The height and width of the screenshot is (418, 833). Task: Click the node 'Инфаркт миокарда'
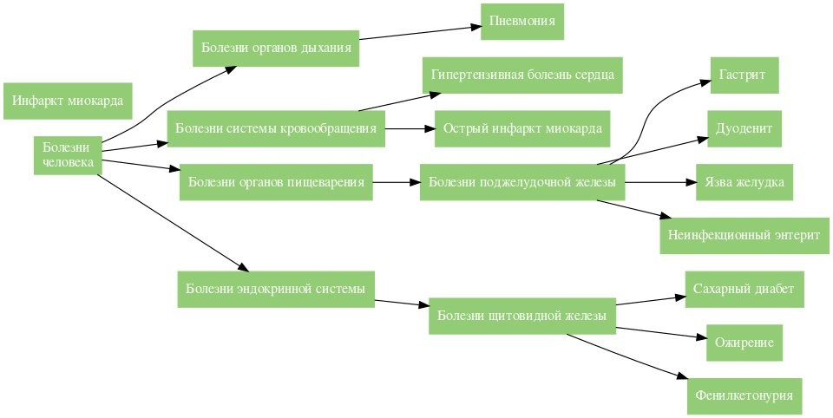point(68,101)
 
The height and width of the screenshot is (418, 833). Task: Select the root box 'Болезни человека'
point(68,155)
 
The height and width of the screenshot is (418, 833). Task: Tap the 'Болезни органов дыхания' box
point(276,48)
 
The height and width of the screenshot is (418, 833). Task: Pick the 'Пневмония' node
point(522,22)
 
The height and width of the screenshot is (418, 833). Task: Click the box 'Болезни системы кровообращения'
point(276,129)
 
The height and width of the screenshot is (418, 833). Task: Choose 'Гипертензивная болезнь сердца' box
point(522,75)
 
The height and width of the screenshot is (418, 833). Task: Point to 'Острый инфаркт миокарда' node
point(522,128)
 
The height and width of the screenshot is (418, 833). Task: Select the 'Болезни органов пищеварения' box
point(276,182)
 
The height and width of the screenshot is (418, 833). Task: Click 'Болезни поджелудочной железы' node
point(522,182)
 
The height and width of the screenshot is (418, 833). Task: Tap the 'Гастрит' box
point(744,75)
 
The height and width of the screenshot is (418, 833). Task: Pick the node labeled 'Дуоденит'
point(744,128)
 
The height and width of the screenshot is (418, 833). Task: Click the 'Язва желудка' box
point(744,182)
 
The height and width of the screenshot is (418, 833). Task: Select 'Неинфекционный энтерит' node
point(744,235)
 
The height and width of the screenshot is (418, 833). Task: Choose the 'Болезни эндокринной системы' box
point(276,289)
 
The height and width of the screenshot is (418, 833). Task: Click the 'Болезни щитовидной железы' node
point(522,316)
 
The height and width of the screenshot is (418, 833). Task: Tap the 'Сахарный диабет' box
point(744,289)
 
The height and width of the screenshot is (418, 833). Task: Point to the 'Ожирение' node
point(744,343)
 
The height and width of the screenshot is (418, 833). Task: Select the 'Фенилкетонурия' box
point(744,395)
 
